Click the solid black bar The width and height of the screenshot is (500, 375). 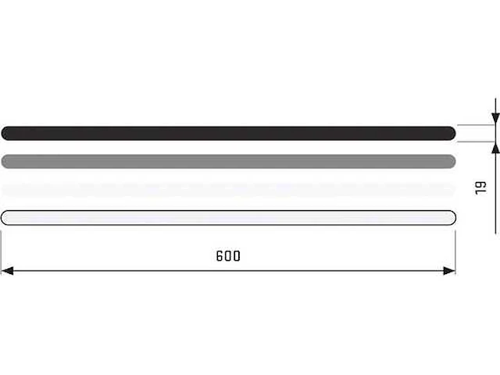click(228, 134)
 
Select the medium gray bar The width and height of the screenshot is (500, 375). click(228, 162)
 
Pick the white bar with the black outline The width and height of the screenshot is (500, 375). click(228, 218)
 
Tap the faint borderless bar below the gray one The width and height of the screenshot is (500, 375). click(228, 190)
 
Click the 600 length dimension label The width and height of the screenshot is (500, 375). click(228, 256)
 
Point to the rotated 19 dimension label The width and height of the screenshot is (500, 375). click(480, 187)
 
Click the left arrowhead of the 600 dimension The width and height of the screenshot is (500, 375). click(7, 271)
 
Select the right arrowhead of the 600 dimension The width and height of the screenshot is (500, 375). click(449, 271)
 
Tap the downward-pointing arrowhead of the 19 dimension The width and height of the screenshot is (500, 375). click(495, 118)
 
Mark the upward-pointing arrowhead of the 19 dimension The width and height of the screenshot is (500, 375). click(495, 148)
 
